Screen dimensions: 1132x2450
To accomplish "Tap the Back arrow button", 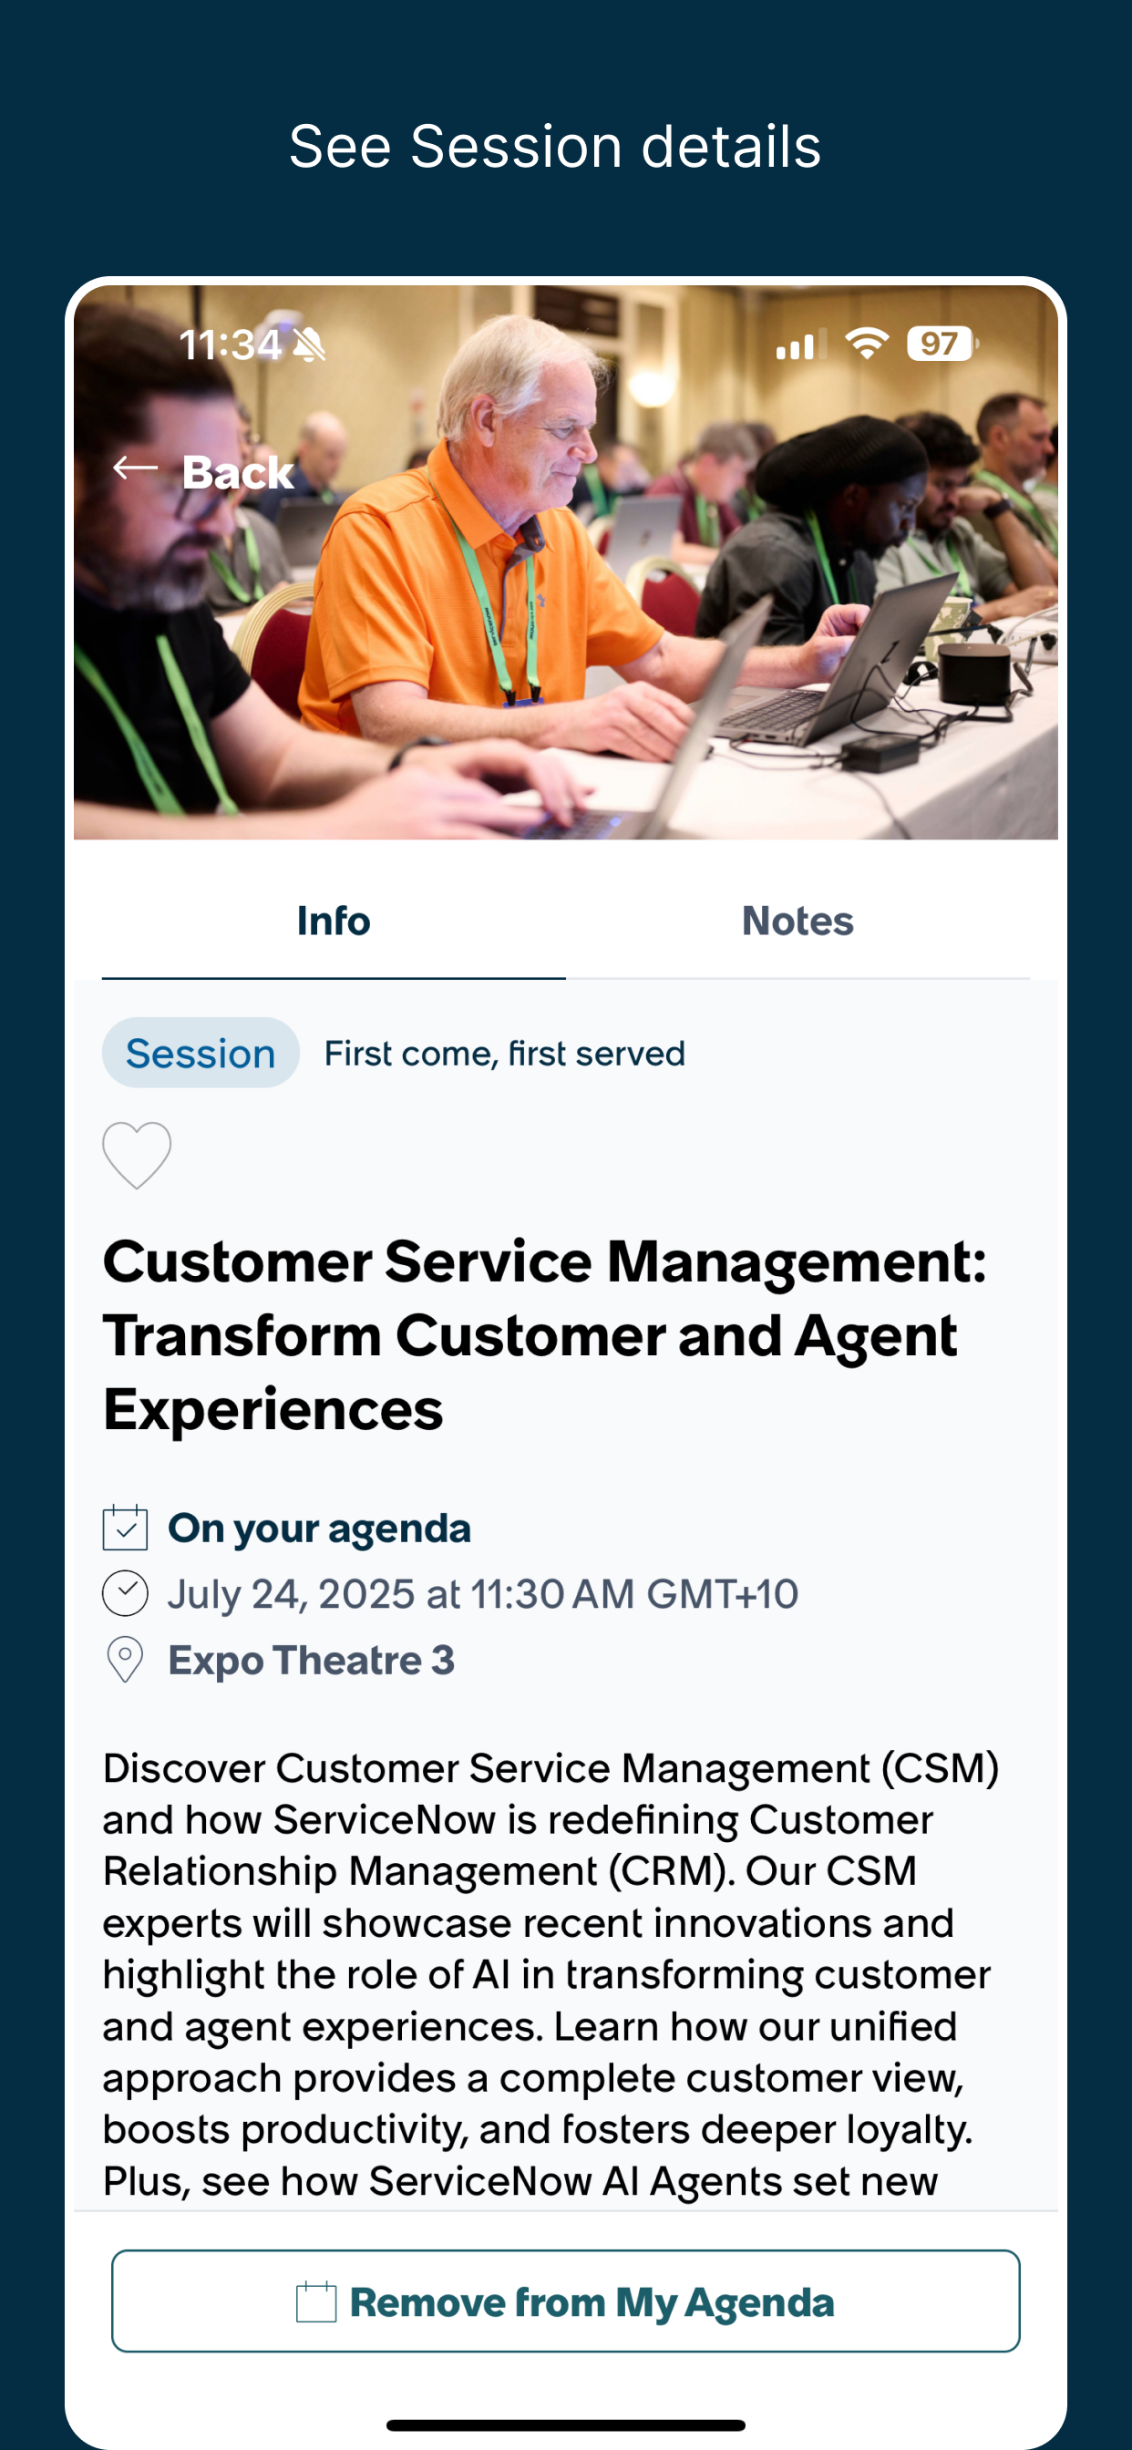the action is tap(203, 472).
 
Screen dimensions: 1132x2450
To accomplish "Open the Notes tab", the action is tap(798, 921).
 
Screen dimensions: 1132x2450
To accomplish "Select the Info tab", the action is tap(333, 921).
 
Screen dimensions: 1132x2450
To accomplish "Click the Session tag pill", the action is tap(201, 1053).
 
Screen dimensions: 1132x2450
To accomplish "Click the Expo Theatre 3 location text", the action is tap(311, 1661).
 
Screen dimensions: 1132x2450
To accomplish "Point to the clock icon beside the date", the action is tap(125, 1594).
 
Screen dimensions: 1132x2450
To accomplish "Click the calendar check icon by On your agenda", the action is tap(125, 1529).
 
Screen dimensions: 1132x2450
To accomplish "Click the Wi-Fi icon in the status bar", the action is tap(867, 343).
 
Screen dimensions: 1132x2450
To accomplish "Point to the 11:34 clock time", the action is tap(230, 345).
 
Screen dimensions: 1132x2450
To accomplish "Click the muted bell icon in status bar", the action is tap(309, 345).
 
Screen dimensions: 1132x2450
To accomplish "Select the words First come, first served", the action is tap(504, 1054).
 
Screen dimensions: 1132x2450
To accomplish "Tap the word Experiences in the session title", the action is tap(273, 1409).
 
